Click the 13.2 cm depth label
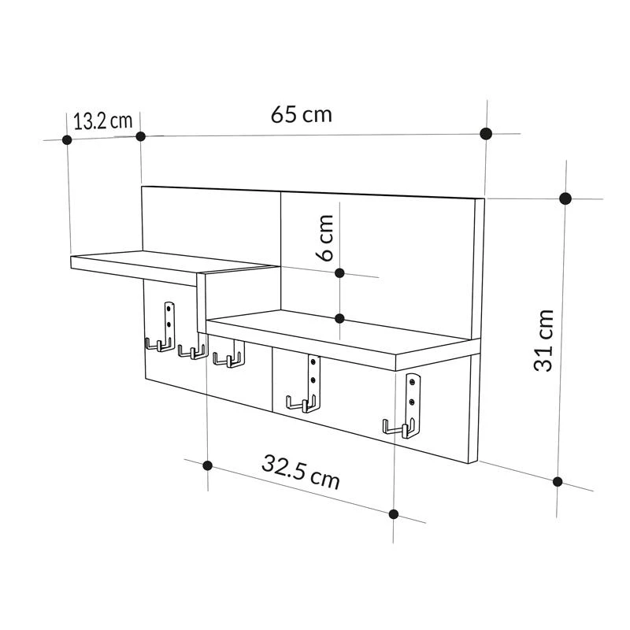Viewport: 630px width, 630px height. point(102,121)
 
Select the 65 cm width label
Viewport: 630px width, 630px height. point(302,115)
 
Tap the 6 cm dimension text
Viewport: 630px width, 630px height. point(326,239)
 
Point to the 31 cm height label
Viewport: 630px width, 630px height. point(544,340)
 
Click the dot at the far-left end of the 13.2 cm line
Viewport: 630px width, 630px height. point(67,139)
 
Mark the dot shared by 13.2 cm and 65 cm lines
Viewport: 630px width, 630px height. point(141,136)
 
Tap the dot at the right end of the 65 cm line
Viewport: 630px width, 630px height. point(486,133)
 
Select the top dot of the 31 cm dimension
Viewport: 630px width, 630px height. point(565,198)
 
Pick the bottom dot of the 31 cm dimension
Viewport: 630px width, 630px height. point(558,481)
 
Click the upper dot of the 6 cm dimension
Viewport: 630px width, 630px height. point(339,272)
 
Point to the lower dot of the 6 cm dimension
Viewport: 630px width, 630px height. point(339,318)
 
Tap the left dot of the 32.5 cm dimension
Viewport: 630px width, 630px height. point(207,465)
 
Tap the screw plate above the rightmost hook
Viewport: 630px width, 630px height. point(413,397)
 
